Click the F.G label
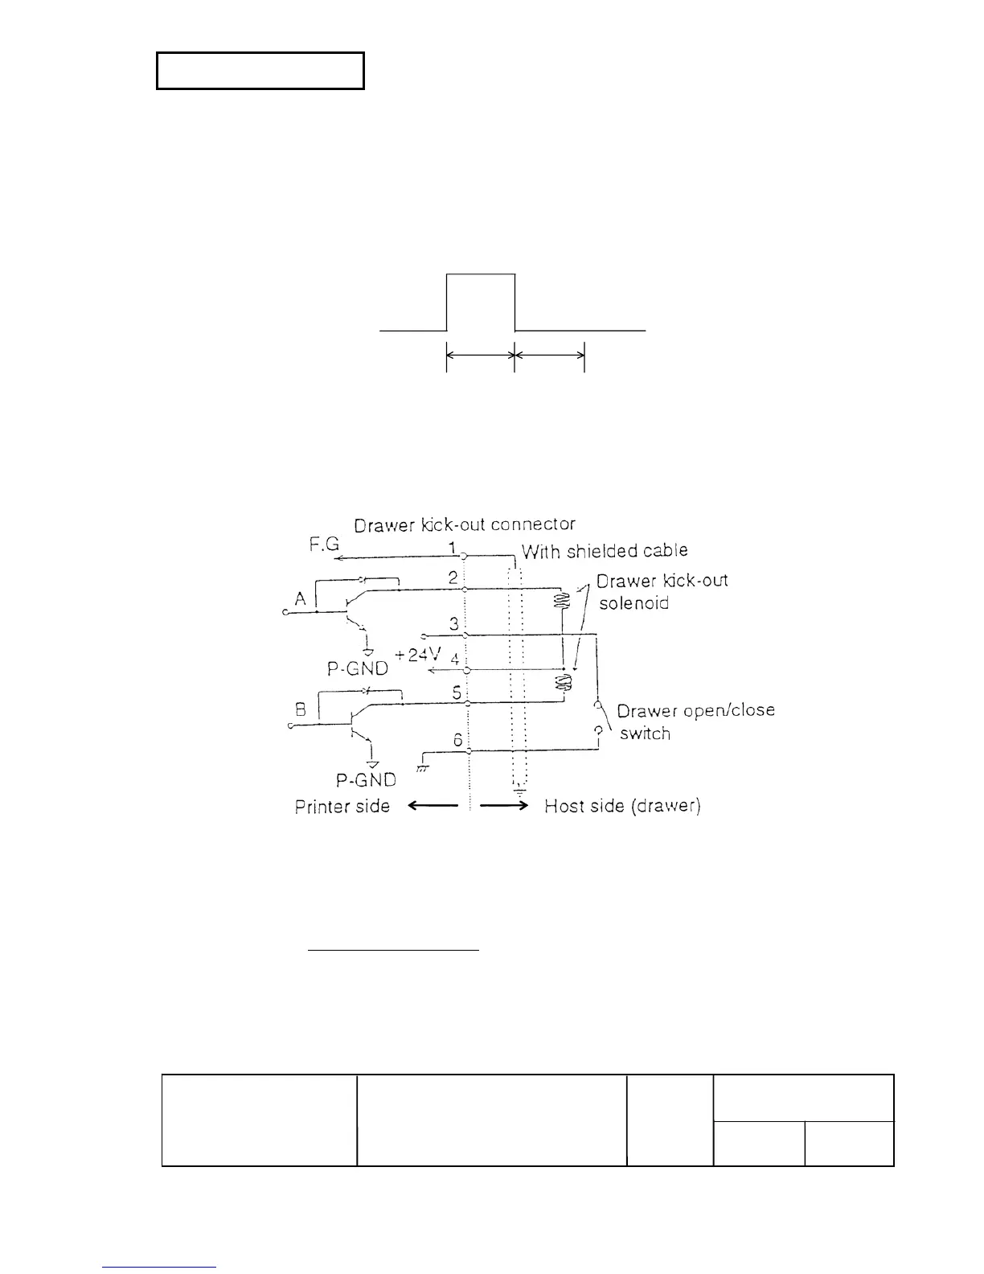(324, 545)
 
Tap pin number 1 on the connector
(453, 548)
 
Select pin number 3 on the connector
(454, 623)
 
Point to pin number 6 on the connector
(457, 740)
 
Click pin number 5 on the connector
(457, 692)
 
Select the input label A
(301, 598)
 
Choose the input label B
(301, 710)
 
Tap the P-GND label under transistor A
(358, 668)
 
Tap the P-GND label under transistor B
(366, 779)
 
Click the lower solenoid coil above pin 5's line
(564, 683)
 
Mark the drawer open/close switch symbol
(597, 717)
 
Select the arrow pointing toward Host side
(503, 806)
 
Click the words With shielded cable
(605, 551)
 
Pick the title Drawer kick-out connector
(465, 524)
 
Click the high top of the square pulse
(481, 274)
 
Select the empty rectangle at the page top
(260, 71)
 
